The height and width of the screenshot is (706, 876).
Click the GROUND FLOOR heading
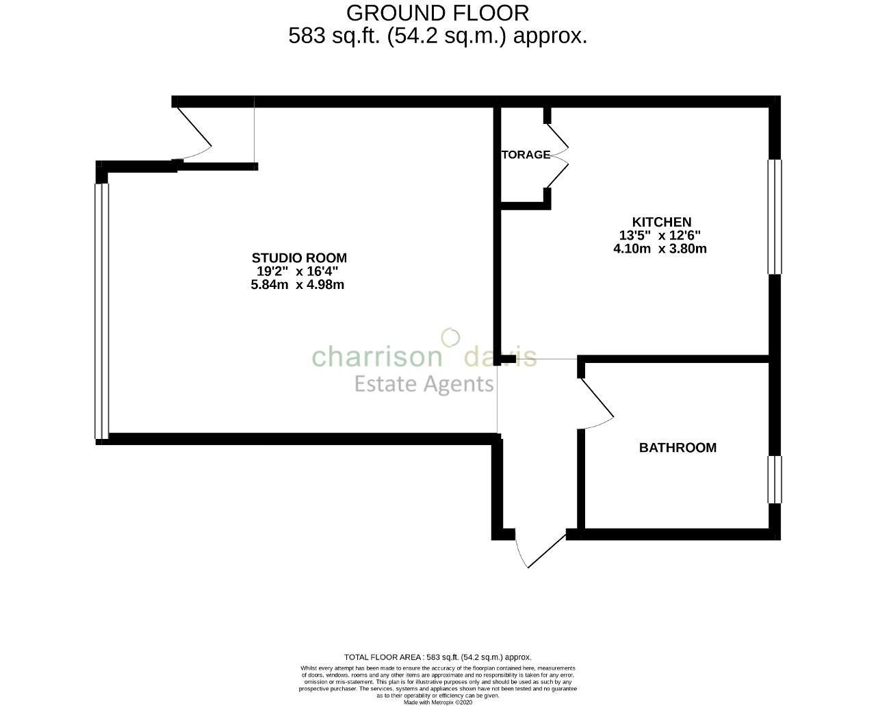coord(437,12)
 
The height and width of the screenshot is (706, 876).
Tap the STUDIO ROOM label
coord(299,258)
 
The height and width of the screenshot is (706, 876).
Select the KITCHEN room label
coord(661,222)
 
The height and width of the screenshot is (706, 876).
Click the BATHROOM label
coord(678,448)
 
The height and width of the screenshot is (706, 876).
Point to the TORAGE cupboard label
coord(526,155)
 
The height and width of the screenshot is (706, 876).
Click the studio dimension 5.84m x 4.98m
coord(298,285)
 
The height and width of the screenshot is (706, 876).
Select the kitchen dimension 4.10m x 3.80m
coord(660,249)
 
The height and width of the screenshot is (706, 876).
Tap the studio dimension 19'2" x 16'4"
coord(298,271)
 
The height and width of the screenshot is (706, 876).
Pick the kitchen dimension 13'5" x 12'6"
coord(660,236)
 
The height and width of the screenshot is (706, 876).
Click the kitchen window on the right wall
coord(774,216)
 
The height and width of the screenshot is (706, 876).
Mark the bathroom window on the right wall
coord(774,479)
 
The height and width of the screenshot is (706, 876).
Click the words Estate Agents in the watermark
coord(424,384)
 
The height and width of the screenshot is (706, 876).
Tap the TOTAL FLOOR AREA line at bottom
coord(437,657)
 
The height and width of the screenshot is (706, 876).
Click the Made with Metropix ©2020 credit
coord(437,702)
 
